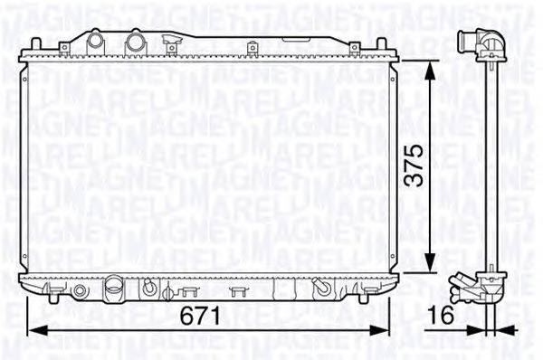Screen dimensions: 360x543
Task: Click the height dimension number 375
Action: (x=413, y=166)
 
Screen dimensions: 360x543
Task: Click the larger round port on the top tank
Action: (x=135, y=42)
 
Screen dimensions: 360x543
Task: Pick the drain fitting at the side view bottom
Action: (x=478, y=288)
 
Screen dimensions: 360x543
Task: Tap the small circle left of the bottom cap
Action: (x=80, y=291)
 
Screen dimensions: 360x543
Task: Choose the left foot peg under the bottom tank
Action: (x=55, y=295)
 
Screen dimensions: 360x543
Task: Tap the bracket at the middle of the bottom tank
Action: (x=239, y=290)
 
